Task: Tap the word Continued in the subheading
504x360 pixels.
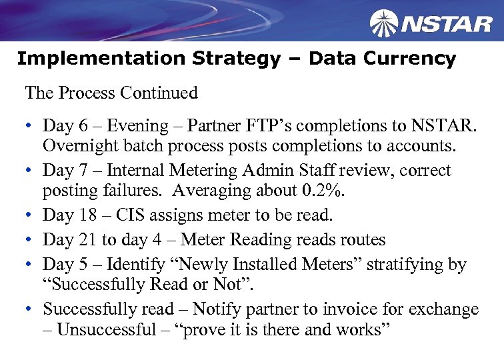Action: point(162,93)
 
